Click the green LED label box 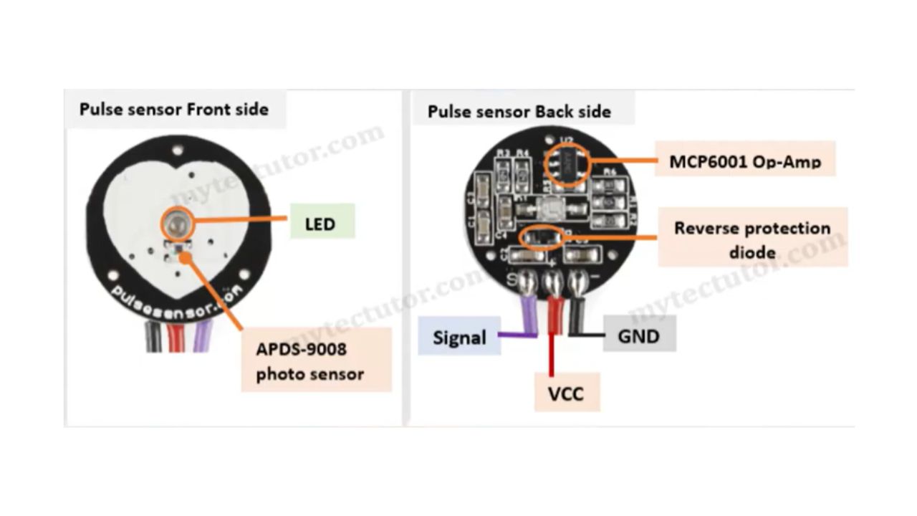320,224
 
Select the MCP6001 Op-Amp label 745,162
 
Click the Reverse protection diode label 752,239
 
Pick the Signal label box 459,337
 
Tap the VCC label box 567,393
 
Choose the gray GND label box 638,335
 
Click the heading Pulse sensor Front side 174,110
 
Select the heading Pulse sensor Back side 519,112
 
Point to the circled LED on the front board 176,225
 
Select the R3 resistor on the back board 503,171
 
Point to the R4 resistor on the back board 522,171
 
